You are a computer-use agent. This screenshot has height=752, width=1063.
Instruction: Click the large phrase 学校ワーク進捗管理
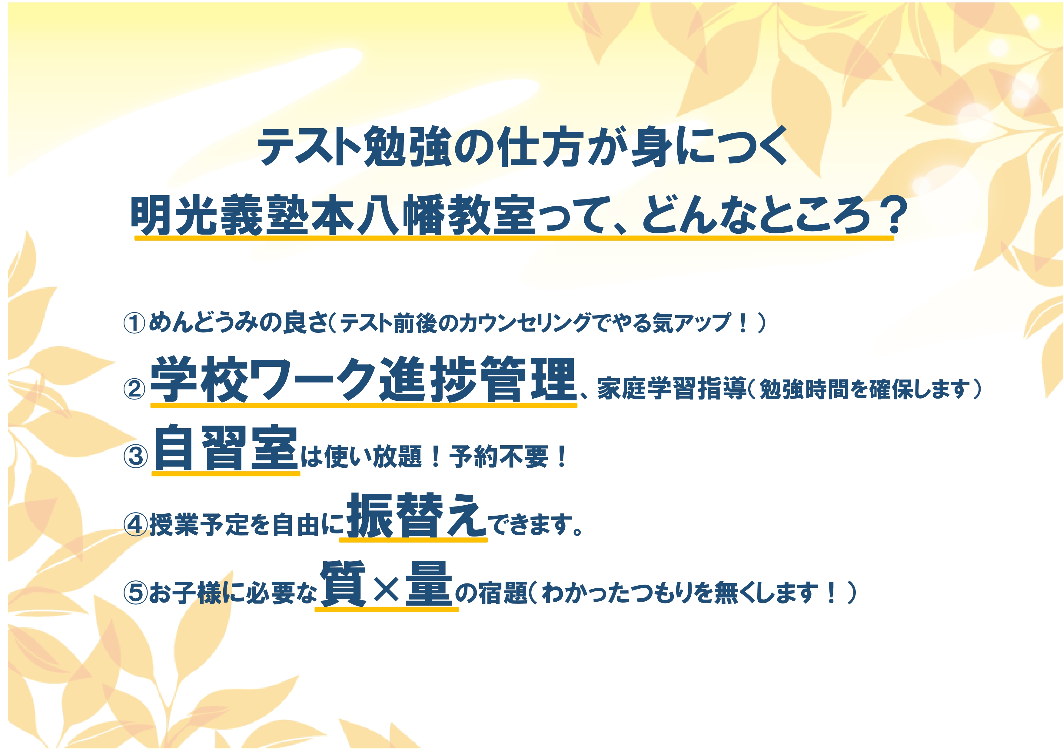point(364,379)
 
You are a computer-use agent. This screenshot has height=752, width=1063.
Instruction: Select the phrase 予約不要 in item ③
point(499,457)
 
